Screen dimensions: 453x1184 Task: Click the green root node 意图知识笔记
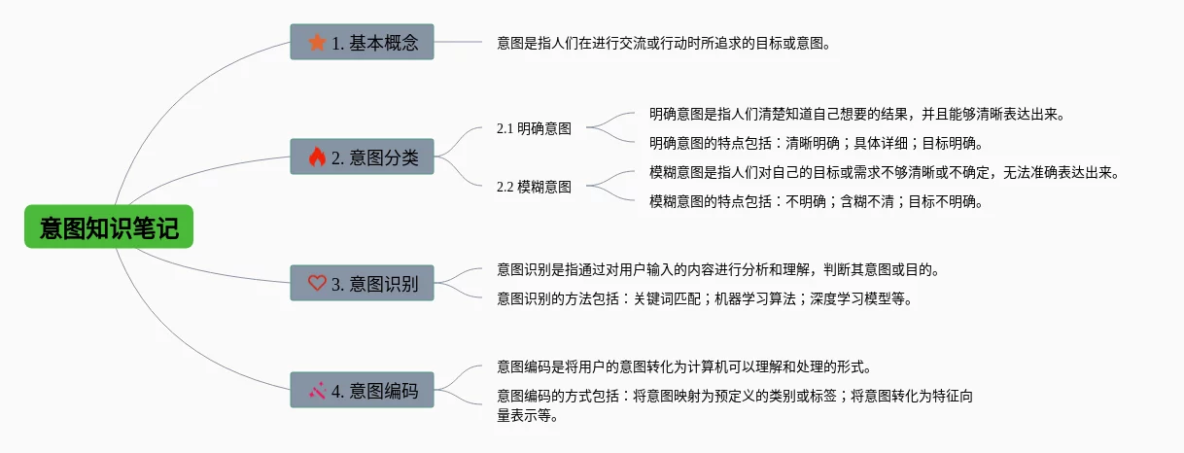pyautogui.click(x=109, y=227)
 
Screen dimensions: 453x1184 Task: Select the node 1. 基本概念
pyautogui.click(x=362, y=43)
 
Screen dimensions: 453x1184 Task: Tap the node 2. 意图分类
pyautogui.click(x=362, y=157)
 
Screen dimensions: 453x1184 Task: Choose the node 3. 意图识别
pyautogui.click(x=362, y=283)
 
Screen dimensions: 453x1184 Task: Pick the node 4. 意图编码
pyautogui.click(x=362, y=391)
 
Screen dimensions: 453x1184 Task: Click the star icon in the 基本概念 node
pyautogui.click(x=317, y=43)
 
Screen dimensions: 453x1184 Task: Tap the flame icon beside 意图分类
pyautogui.click(x=317, y=157)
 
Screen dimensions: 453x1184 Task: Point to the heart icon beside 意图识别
pyautogui.click(x=317, y=283)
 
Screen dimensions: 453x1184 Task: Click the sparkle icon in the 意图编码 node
pyautogui.click(x=317, y=391)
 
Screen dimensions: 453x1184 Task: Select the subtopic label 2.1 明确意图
pyautogui.click(x=534, y=128)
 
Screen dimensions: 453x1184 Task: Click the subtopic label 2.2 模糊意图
pyautogui.click(x=534, y=187)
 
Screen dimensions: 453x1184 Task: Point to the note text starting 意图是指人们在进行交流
pyautogui.click(x=665, y=43)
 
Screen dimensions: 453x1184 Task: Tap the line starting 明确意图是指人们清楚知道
pyautogui.click(x=857, y=114)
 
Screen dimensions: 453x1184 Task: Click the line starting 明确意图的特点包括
pyautogui.click(x=815, y=143)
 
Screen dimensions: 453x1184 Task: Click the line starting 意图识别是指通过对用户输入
pyautogui.click(x=717, y=269)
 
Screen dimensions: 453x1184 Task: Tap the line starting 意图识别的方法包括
pyautogui.click(x=706, y=298)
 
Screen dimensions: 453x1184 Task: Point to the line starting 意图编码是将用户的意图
pyautogui.click(x=682, y=367)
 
